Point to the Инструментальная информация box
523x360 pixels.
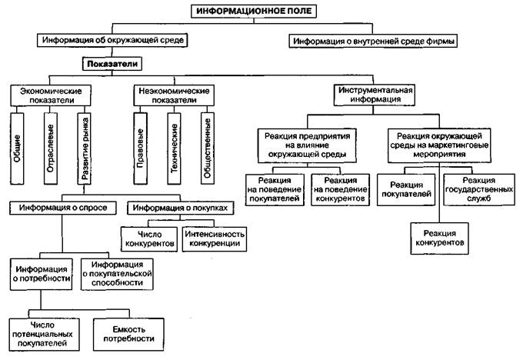[373, 95]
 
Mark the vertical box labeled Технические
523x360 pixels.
[174, 146]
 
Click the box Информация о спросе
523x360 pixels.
[64, 208]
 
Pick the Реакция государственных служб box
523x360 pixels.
[478, 189]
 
